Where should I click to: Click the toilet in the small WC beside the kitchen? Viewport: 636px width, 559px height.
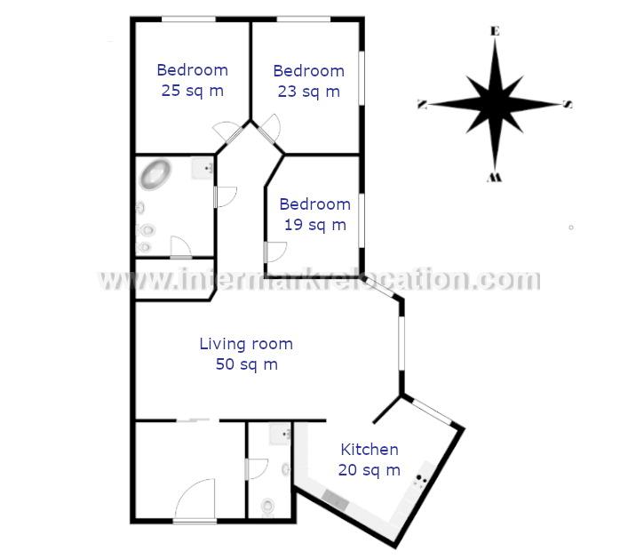point(267,506)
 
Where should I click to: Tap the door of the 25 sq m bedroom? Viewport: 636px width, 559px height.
point(227,132)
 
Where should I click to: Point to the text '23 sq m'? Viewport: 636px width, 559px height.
point(307,91)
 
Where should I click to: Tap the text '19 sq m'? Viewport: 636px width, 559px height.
point(314,225)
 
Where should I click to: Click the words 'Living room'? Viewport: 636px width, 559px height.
point(245,344)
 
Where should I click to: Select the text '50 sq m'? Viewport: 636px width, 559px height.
point(246,364)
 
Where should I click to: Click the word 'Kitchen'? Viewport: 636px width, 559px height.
point(369,450)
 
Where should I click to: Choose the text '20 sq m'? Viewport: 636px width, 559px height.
point(369,470)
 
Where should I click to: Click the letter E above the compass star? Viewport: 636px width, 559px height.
point(495,31)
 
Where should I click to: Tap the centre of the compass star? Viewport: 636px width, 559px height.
point(495,104)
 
